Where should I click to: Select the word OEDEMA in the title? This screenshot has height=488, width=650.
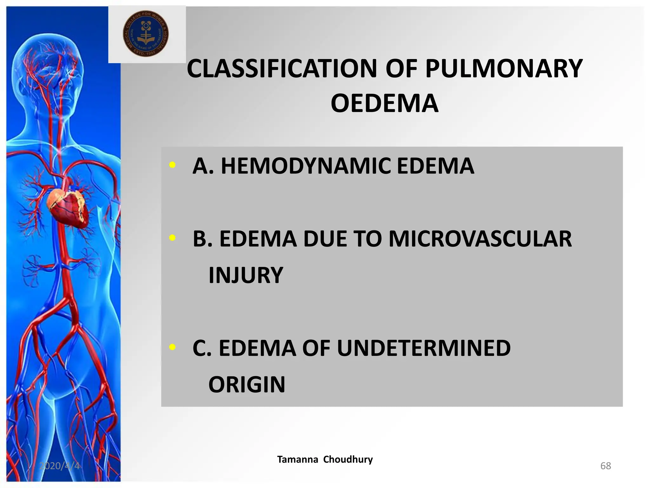[384, 103]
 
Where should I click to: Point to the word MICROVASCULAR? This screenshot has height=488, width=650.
[480, 239]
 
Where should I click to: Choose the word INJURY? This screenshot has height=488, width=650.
[245, 275]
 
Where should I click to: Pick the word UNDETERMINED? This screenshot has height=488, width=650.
[423, 348]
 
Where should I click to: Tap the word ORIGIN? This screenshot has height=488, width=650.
[247, 385]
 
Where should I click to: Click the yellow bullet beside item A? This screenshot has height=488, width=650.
[172, 165]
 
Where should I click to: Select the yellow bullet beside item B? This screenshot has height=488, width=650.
[172, 238]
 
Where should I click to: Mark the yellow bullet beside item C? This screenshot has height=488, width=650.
[172, 347]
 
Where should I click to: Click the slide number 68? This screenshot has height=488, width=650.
[606, 466]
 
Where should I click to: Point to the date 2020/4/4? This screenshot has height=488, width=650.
[59, 466]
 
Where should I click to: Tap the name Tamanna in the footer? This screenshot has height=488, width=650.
[297, 459]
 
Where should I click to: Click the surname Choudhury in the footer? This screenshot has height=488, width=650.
[348, 459]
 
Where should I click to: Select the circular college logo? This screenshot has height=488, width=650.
[146, 34]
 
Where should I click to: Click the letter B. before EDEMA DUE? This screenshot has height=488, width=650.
[202, 239]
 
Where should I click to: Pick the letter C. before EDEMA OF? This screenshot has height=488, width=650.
[202, 348]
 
